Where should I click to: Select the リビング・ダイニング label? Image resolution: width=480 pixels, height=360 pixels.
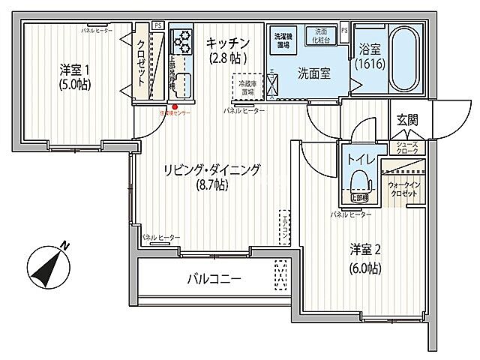coord(213,170)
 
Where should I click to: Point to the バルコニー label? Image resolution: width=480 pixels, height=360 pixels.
coord(214,280)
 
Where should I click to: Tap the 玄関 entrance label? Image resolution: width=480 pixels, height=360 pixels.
coord(407,121)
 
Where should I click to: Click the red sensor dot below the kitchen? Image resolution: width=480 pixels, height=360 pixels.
coord(175,107)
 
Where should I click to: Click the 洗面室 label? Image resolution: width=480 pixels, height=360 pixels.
coord(311,74)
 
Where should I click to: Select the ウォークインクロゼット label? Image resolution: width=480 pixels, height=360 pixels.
coord(403,188)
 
